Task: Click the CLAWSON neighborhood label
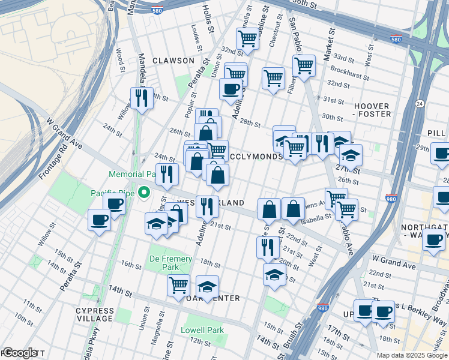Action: (x=173, y=61)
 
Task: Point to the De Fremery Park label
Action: (x=170, y=263)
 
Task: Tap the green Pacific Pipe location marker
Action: (x=144, y=193)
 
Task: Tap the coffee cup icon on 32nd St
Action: (x=230, y=89)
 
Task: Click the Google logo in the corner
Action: (x=19, y=353)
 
